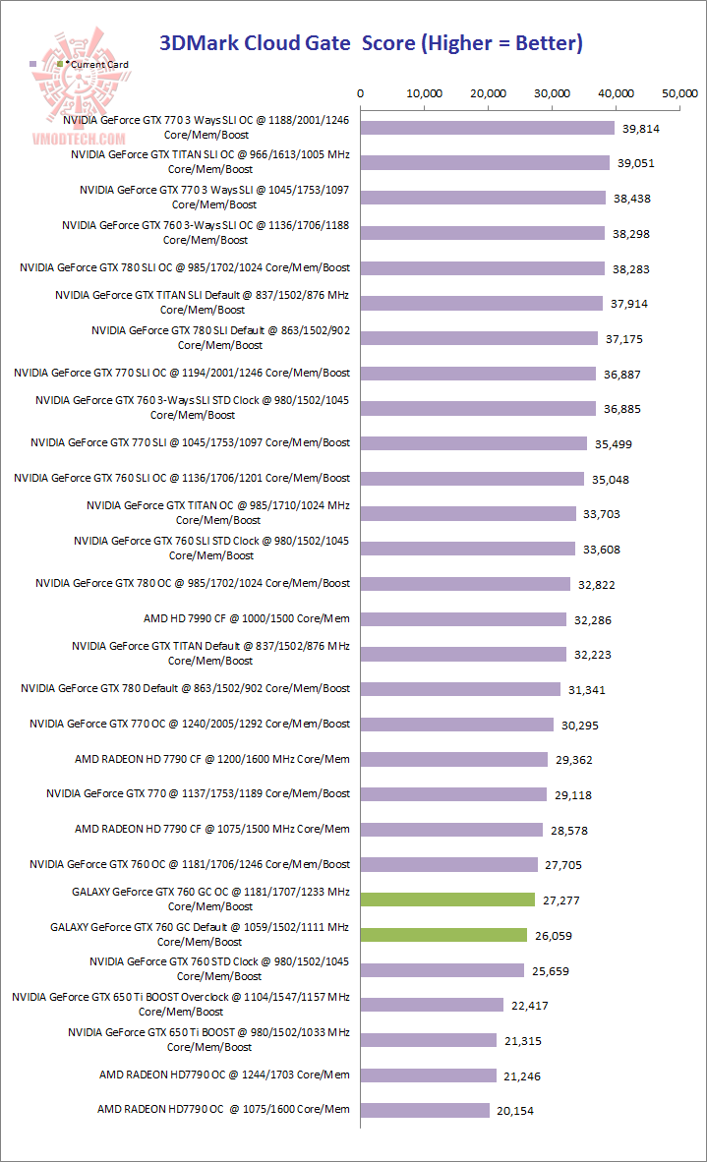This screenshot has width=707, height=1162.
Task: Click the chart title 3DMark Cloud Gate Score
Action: pos(372,42)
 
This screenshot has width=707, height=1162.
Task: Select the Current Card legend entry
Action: pos(96,64)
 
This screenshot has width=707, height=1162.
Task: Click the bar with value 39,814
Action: pos(488,128)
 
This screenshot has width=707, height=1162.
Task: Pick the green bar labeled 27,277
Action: pos(448,900)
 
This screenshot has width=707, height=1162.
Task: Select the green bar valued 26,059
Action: pos(444,935)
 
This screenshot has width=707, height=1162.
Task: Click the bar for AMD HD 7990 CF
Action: pos(464,619)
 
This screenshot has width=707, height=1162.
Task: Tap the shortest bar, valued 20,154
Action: pos(426,1110)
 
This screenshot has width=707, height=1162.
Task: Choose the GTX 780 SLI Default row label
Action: pos(220,338)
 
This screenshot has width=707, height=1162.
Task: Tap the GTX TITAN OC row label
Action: pos(218,512)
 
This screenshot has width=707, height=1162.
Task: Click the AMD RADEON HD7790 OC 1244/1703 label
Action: pos(224,1075)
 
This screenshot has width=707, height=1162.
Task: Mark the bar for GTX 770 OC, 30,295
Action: pos(457,725)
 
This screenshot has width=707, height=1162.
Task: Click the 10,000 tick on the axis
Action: pos(425,93)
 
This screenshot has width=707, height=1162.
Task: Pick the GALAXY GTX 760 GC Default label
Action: pos(200,934)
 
